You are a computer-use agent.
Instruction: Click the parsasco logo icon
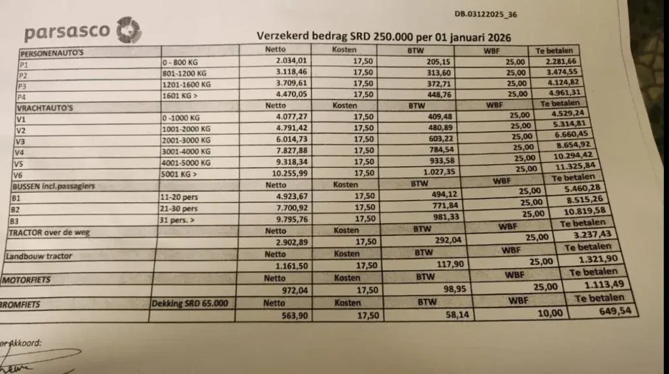click(x=128, y=31)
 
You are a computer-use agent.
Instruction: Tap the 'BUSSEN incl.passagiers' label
click(x=54, y=186)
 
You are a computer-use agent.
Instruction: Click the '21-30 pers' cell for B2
click(x=180, y=209)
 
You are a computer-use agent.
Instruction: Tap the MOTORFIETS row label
click(x=27, y=280)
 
